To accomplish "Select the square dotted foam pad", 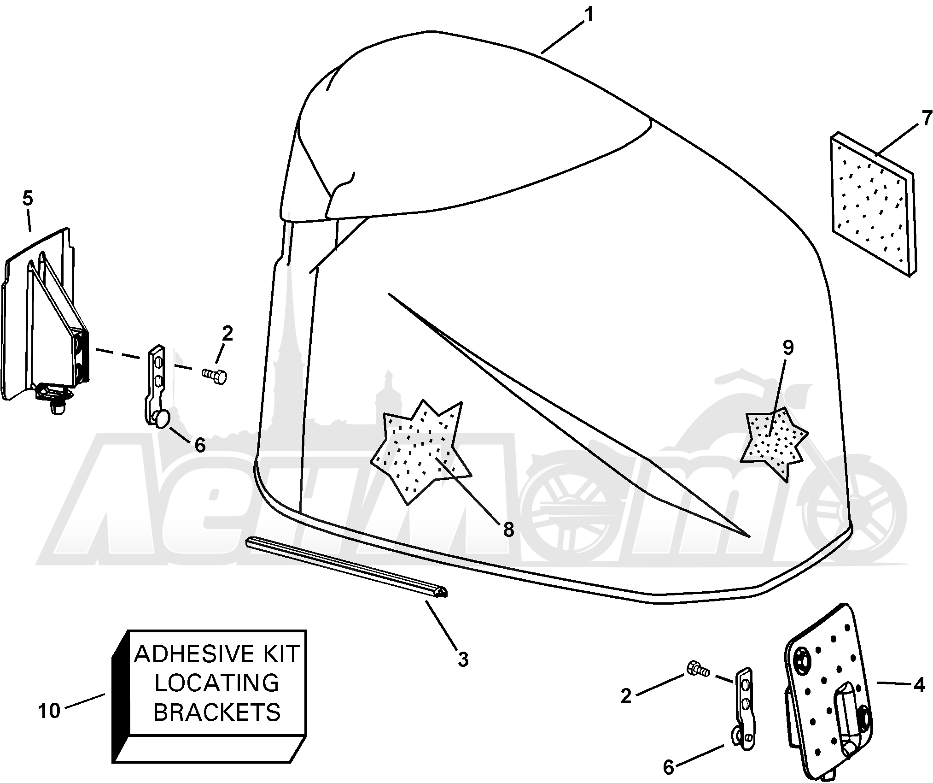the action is pyautogui.click(x=873, y=205).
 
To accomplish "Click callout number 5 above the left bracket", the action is pyautogui.click(x=27, y=199).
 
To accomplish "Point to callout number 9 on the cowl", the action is pyautogui.click(x=788, y=348).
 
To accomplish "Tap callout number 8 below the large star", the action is pyautogui.click(x=508, y=530).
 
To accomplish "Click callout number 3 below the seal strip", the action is pyautogui.click(x=463, y=659).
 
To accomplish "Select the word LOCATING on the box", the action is pyautogui.click(x=217, y=683).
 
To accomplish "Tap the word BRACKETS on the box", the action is pyautogui.click(x=217, y=712).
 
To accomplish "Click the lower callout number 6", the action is pyautogui.click(x=668, y=767).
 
